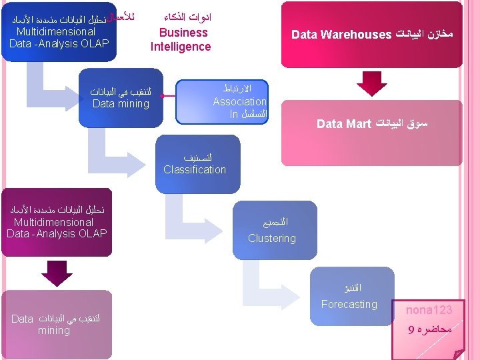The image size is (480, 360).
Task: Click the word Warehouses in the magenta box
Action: point(357,34)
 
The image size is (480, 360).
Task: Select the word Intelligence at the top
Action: point(181,47)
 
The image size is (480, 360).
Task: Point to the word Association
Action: point(239,101)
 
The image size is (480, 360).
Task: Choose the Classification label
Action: point(195,169)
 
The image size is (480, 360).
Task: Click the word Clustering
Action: point(271,238)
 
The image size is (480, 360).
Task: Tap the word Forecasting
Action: point(349,304)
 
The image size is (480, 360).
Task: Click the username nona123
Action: point(429,310)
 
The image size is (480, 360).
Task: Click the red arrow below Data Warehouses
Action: point(371,83)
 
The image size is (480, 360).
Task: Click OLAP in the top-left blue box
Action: point(94,44)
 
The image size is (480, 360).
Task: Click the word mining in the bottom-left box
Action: point(54,330)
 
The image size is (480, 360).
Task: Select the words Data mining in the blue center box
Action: point(121,103)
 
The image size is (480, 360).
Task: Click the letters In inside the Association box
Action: point(233,114)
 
